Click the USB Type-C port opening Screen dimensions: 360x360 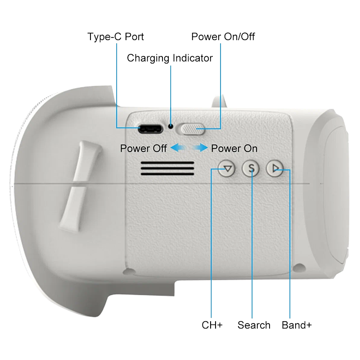[150, 129]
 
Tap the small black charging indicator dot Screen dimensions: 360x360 [171, 126]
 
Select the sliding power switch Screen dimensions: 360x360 [190, 129]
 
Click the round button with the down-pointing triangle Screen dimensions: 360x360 [227, 169]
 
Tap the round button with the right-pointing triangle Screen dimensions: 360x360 [275, 169]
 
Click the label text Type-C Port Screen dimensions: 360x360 [116, 37]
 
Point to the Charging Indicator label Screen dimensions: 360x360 [170, 58]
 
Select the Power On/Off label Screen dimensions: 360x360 [223, 36]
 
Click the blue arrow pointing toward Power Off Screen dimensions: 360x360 [178, 148]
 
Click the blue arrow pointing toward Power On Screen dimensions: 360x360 [200, 148]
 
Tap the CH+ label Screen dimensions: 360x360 [212, 325]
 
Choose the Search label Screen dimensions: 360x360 [254, 325]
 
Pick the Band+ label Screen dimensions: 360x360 [297, 325]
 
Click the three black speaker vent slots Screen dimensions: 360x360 [167, 169]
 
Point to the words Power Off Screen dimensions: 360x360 [144, 148]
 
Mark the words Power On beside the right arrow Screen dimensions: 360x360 [234, 148]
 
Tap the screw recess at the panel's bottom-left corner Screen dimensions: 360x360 [129, 272]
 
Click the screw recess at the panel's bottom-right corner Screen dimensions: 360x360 [299, 267]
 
